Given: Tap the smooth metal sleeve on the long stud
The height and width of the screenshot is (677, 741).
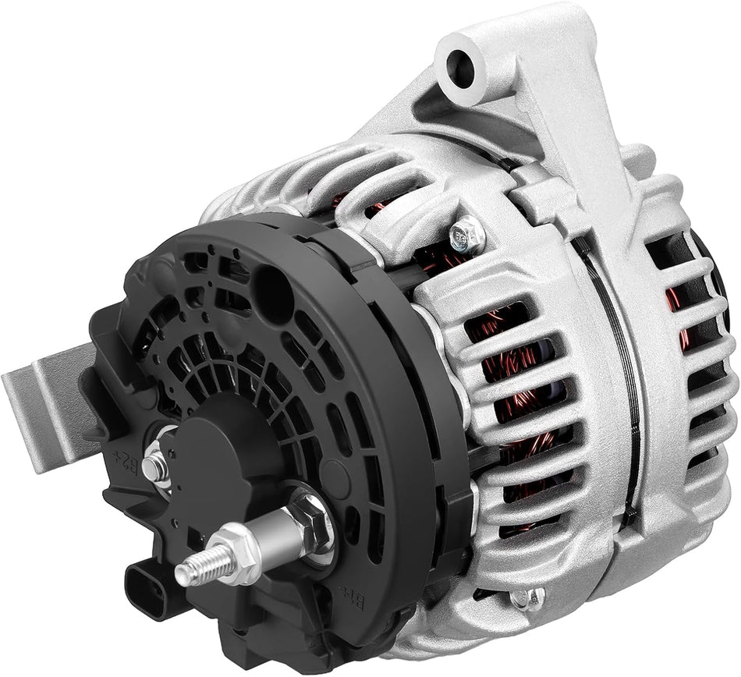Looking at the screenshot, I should (x=278, y=532).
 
